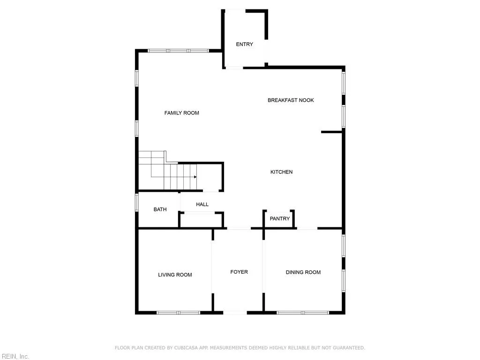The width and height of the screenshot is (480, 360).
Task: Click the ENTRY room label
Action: [244, 45]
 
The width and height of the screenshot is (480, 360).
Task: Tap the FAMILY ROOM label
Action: [181, 113]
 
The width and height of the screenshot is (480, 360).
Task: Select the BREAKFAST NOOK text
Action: [291, 100]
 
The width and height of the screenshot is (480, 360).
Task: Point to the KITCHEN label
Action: [281, 172]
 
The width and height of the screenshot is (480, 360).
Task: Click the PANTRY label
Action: [280, 219]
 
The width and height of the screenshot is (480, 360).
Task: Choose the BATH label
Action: [160, 210]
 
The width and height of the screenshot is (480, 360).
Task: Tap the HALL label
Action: [202, 204]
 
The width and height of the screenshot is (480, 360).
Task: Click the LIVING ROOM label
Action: [175, 275]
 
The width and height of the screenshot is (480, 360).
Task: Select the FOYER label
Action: [239, 272]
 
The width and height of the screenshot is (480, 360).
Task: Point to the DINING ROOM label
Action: [303, 272]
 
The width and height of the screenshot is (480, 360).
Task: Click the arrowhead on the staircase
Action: [195, 177]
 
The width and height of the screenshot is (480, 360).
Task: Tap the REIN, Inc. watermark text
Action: [15, 357]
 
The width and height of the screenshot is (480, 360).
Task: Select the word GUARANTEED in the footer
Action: [349, 348]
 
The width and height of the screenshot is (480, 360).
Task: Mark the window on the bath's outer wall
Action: [137, 202]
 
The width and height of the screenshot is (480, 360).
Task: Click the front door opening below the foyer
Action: [235, 312]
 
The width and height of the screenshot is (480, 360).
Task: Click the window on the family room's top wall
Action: [178, 51]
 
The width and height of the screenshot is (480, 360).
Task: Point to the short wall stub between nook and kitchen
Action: [331, 132]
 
